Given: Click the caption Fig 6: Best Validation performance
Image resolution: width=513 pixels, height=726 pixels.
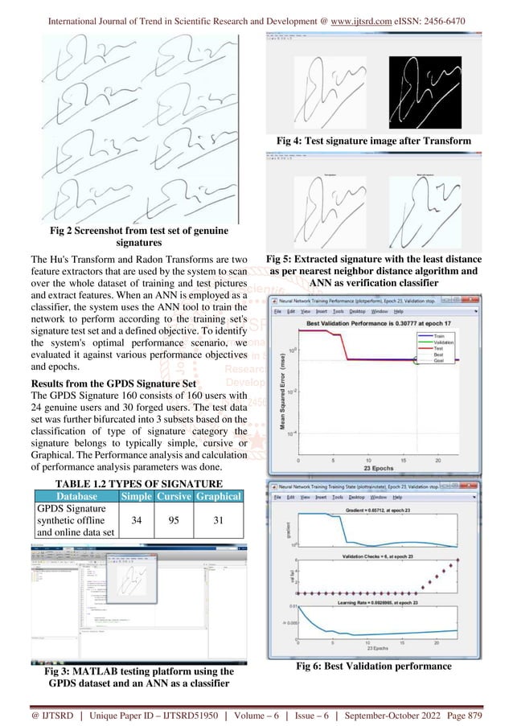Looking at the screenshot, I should (373, 666).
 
